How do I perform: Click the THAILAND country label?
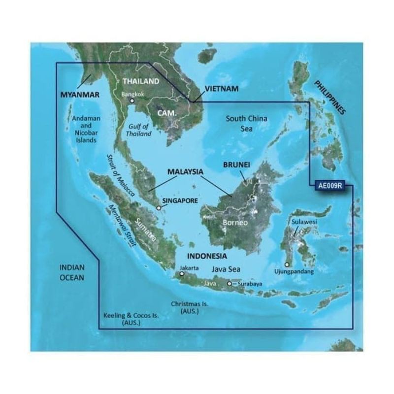141,81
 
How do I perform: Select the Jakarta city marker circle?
182,275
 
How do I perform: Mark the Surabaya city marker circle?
230,284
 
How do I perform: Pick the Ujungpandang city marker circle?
287,264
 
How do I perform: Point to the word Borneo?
233,223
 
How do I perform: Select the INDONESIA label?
207,256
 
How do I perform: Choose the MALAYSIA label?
185,172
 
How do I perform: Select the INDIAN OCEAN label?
72,272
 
